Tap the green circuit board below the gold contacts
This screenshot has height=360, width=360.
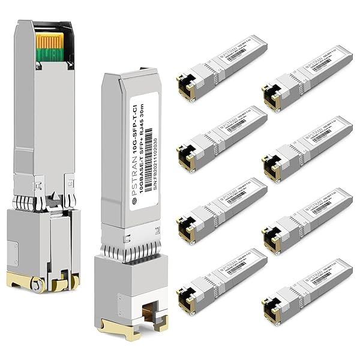(x=50, y=55)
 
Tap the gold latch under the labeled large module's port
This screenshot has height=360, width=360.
(x=131, y=329)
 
